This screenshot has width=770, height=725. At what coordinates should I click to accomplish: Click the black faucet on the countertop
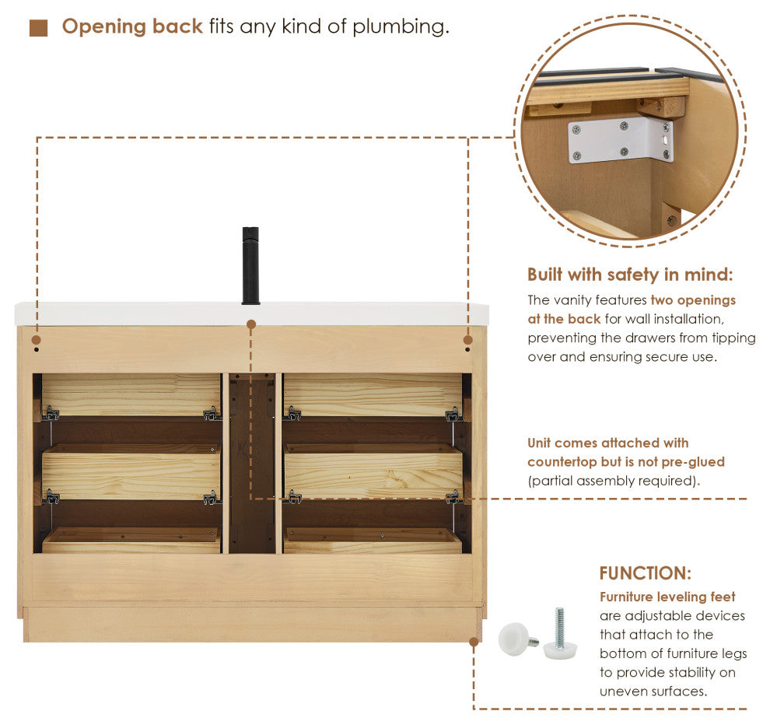[x=250, y=265]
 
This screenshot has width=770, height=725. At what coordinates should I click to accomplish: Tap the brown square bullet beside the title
[x=38, y=28]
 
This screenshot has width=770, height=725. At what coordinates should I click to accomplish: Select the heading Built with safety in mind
[x=630, y=275]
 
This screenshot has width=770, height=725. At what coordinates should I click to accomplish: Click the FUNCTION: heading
[x=646, y=573]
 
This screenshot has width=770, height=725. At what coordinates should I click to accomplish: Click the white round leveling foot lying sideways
[x=517, y=639]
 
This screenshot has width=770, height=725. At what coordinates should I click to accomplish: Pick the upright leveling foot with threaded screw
[x=560, y=635]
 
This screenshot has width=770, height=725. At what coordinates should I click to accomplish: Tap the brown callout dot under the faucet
[x=251, y=324]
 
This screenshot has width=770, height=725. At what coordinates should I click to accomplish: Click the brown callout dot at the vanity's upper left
[x=36, y=340]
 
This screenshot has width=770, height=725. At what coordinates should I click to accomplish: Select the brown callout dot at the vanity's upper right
[x=467, y=340]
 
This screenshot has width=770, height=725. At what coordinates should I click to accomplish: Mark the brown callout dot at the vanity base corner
[x=474, y=642]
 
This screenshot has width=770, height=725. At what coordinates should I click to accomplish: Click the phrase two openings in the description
[x=693, y=300]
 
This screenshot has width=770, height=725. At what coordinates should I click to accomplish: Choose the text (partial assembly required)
[x=614, y=481]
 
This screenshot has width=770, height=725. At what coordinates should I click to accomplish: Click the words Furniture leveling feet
[x=667, y=597]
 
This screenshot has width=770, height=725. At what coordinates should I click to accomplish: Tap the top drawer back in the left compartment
[x=131, y=394]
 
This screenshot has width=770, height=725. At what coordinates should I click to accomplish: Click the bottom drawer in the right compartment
[x=373, y=540]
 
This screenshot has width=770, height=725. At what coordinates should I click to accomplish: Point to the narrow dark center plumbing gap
[x=252, y=463]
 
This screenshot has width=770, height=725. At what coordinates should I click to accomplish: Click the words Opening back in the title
[x=132, y=26]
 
